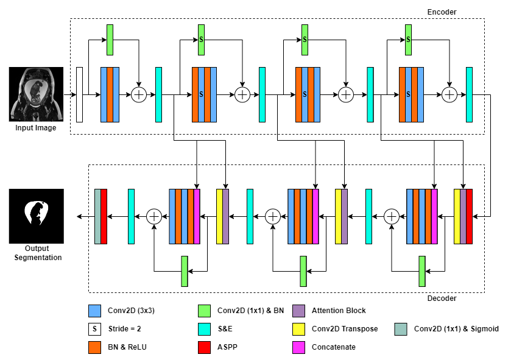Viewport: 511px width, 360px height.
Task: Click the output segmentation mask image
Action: tap(36, 216)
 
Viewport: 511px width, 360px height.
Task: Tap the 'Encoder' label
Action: tap(442, 12)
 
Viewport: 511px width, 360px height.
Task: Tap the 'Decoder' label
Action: tap(442, 298)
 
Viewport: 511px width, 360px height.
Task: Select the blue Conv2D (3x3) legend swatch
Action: tap(94, 311)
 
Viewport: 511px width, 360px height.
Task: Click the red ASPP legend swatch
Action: tap(204, 347)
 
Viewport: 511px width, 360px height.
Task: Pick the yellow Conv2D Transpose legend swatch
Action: tap(299, 329)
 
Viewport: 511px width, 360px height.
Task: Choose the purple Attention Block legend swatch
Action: tap(299, 311)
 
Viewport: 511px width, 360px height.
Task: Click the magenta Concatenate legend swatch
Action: tap(299, 347)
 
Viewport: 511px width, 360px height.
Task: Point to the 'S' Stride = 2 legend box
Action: tap(94, 329)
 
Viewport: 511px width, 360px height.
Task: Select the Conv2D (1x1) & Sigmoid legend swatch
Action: tap(400, 329)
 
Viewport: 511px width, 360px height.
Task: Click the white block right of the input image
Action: tap(79, 94)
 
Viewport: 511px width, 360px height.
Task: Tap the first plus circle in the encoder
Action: tap(139, 94)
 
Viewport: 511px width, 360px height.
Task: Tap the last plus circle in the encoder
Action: tap(449, 94)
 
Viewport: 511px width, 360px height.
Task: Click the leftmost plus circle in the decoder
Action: tap(155, 216)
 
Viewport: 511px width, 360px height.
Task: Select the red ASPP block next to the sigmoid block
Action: tap(104, 216)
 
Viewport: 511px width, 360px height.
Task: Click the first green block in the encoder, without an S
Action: tap(110, 40)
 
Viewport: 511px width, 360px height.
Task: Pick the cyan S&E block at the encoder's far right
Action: tap(469, 94)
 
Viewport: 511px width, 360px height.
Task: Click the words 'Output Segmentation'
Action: tap(36, 253)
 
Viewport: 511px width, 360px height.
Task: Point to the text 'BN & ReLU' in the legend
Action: tap(125, 347)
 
